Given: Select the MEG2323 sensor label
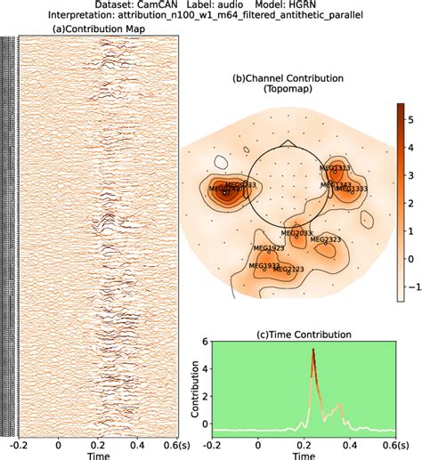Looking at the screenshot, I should coord(326,239).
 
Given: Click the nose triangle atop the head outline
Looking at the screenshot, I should coord(286,143).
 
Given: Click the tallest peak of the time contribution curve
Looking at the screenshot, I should coord(312,350).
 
